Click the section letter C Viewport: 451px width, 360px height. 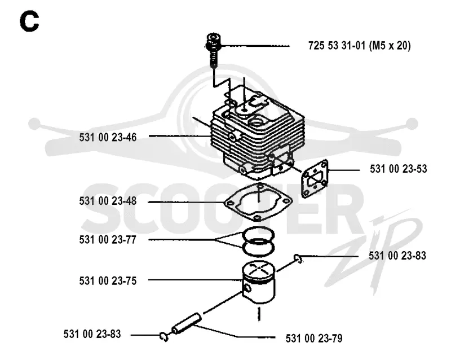coord(29,21)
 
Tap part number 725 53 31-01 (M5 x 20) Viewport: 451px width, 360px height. coord(359,46)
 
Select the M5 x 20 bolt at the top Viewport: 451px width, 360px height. coord(214,49)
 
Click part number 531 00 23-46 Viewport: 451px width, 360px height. coord(108,137)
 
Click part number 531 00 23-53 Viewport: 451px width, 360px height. coord(399,169)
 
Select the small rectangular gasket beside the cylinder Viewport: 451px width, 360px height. coord(315,179)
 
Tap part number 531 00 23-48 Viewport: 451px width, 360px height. coord(108,201)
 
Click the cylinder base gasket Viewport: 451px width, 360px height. coord(258,201)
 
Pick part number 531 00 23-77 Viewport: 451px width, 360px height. coord(108,240)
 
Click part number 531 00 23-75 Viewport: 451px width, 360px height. coord(108,281)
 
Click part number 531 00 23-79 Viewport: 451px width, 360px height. coord(314,338)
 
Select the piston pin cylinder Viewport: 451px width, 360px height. coord(187,323)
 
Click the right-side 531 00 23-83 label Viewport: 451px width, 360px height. coord(397,256)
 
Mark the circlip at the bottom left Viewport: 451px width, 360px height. coord(164,337)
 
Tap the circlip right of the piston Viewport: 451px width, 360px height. coord(298,258)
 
